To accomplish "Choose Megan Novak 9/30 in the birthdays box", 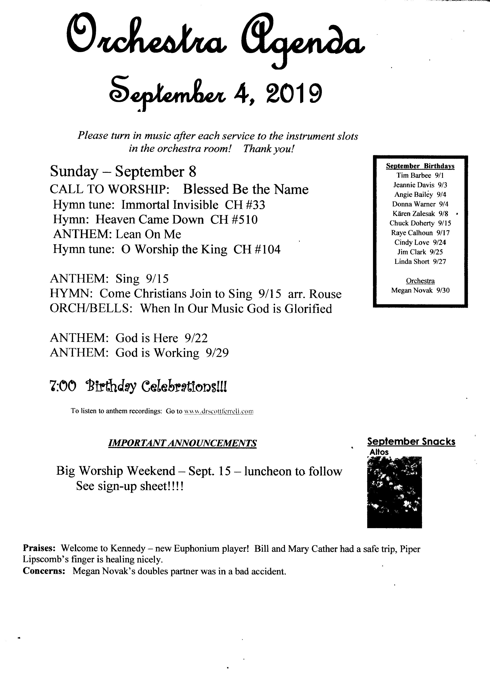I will click(x=420, y=290).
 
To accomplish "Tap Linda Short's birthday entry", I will click(x=420, y=262).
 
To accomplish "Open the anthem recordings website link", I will click(x=218, y=411).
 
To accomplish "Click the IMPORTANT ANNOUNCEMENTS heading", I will click(x=182, y=443).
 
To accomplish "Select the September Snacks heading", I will click(x=411, y=442).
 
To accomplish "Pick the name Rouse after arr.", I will click(x=325, y=294).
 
